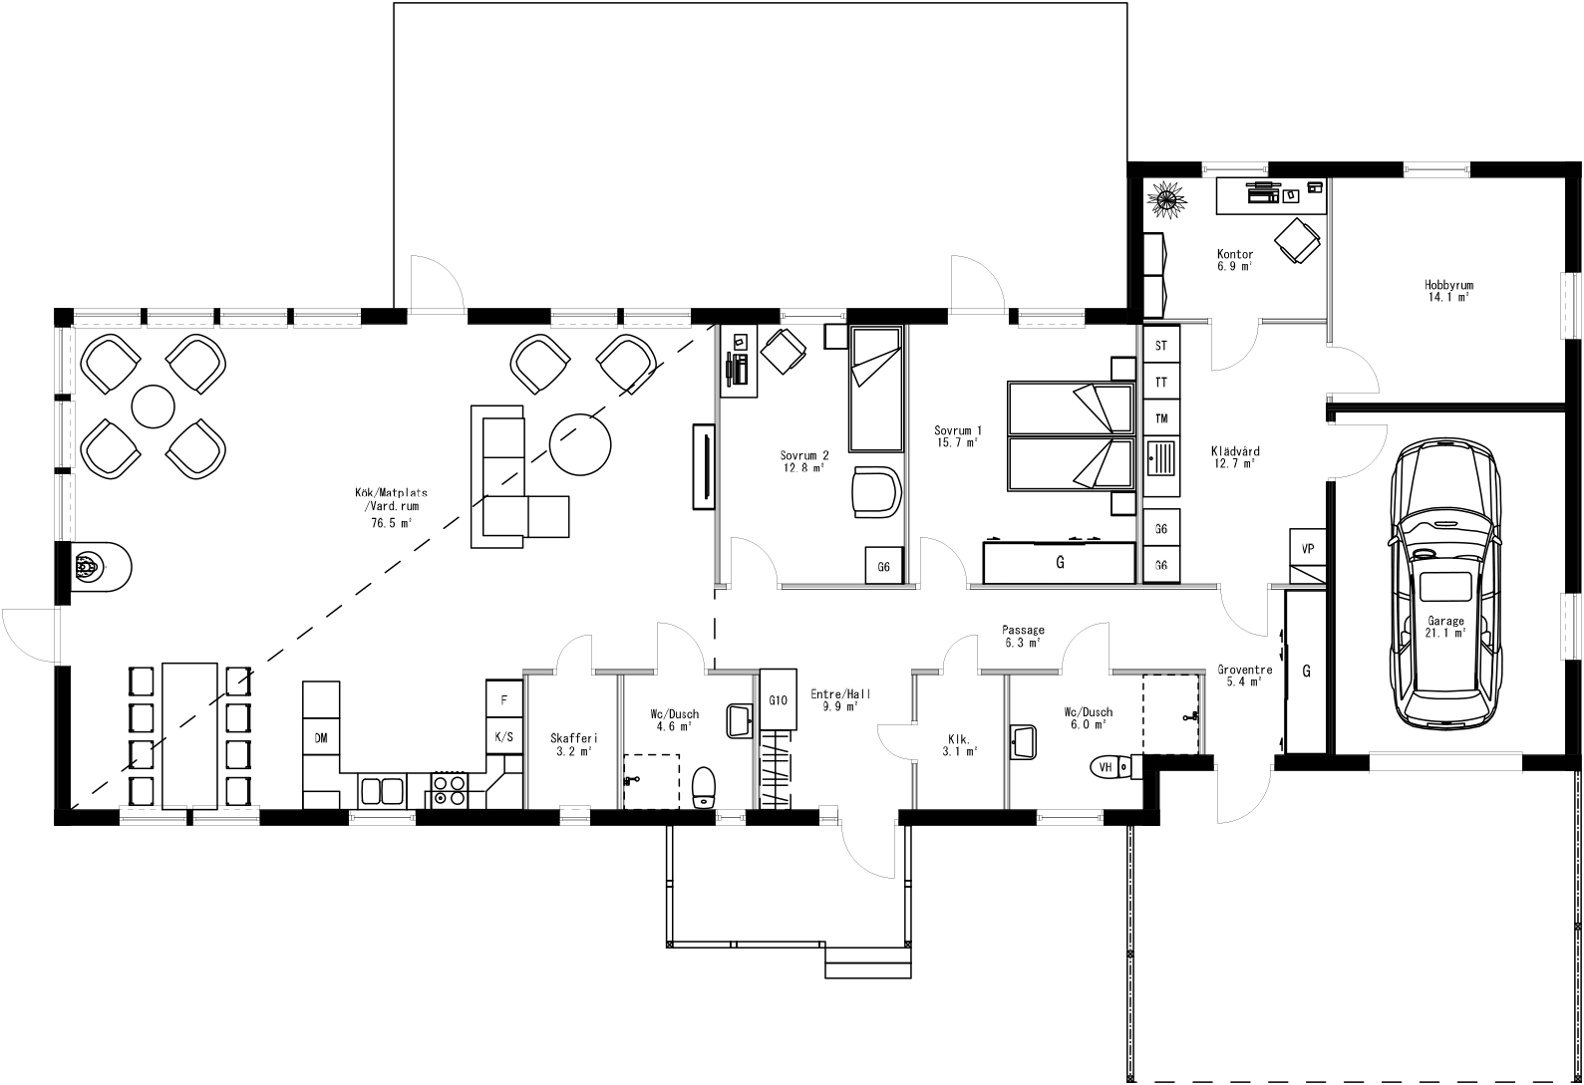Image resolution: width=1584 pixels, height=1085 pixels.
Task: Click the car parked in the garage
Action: (1445, 588)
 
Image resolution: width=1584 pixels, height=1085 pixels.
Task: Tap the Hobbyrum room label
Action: (1448, 290)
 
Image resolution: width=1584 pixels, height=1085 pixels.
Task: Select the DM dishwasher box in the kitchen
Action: (321, 738)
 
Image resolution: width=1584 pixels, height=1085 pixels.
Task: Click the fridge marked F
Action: (504, 699)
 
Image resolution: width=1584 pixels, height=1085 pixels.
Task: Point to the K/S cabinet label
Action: (504, 737)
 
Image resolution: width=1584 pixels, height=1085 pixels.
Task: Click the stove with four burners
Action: (450, 790)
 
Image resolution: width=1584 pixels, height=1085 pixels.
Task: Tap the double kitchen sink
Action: (382, 791)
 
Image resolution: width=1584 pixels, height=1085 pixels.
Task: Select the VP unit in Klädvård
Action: (1308, 549)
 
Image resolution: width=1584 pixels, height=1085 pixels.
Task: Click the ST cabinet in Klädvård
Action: (1160, 346)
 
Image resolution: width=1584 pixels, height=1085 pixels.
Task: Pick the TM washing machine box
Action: (1160, 418)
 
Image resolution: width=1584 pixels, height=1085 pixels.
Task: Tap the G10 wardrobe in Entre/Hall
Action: (779, 699)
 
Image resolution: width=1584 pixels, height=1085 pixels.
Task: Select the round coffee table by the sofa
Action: (581, 444)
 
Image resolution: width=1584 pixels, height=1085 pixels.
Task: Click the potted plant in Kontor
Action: (1167, 198)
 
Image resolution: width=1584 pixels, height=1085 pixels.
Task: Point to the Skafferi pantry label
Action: (573, 744)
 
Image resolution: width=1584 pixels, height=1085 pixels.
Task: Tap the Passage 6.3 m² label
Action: (1024, 636)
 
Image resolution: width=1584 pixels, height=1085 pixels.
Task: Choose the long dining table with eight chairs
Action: (189, 734)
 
